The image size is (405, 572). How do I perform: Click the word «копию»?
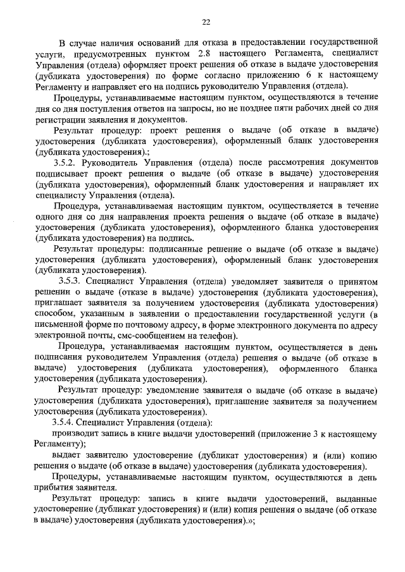[x=365, y=456]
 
